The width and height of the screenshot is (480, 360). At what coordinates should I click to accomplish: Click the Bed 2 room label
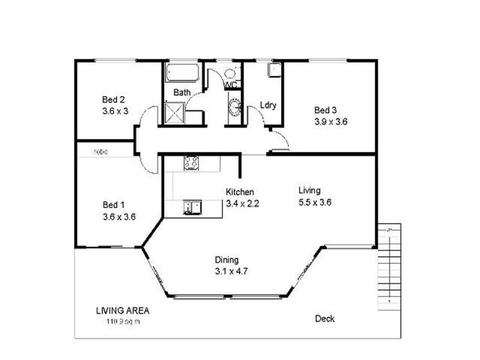click(x=113, y=100)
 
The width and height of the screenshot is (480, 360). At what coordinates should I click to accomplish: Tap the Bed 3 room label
click(x=326, y=110)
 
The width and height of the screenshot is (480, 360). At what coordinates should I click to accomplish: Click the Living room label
click(x=310, y=190)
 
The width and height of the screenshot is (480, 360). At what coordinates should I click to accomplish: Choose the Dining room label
click(x=227, y=260)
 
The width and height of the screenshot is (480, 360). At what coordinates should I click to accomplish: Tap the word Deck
click(x=325, y=319)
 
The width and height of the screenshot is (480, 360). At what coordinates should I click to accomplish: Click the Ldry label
click(x=268, y=106)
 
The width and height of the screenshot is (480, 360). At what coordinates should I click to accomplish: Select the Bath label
click(x=182, y=93)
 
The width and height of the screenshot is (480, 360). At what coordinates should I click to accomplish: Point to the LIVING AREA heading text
click(x=122, y=311)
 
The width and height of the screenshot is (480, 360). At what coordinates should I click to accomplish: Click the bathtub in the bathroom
click(x=182, y=73)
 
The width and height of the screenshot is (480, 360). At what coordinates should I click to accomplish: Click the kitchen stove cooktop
click(x=191, y=162)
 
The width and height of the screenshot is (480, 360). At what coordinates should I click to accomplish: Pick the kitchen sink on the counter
click(x=193, y=207)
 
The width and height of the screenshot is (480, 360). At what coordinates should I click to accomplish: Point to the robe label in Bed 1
click(x=101, y=152)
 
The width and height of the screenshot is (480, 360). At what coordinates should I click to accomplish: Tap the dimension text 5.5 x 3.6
click(x=315, y=202)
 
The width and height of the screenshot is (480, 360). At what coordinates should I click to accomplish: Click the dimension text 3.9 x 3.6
click(x=331, y=121)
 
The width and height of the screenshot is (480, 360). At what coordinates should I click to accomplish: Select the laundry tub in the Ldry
click(x=273, y=70)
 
